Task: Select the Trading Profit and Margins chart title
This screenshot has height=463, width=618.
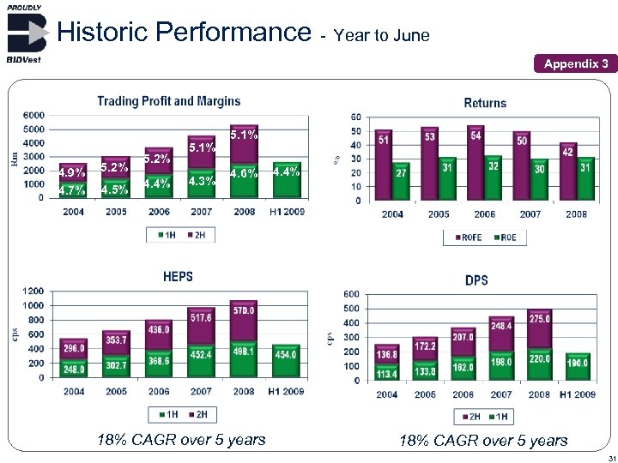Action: [x=168, y=101]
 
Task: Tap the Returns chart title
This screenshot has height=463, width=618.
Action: [x=485, y=103]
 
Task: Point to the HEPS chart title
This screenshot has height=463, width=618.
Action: [x=178, y=276]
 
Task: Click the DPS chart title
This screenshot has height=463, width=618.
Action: [x=476, y=280]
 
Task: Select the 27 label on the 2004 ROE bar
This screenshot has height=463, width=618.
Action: [x=400, y=171]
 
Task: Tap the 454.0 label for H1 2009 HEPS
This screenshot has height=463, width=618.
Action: [x=285, y=354]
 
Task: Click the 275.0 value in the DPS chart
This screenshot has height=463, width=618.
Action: [x=539, y=319]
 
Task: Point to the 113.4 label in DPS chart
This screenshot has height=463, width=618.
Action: [x=387, y=373]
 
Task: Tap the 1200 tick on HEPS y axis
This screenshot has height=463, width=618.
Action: [x=34, y=290]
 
